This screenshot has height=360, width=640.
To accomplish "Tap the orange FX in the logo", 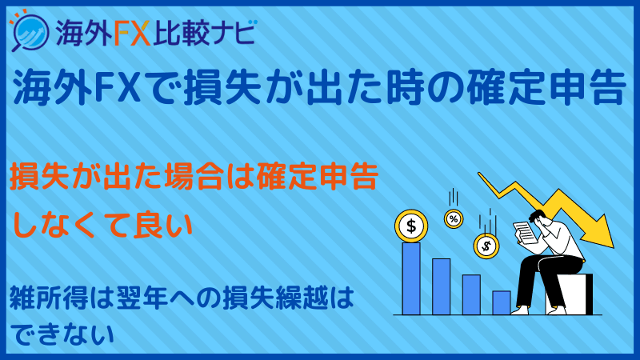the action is click(x=132, y=33).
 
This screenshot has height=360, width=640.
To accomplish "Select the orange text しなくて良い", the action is click(x=103, y=224).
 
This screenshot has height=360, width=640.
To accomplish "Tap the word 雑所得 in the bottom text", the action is click(x=49, y=298).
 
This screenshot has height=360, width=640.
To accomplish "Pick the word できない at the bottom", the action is click(x=63, y=334).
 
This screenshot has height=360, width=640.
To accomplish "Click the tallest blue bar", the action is click(x=411, y=278).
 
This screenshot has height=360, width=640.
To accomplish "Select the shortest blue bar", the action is click(x=502, y=302).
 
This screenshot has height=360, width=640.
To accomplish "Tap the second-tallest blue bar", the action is click(x=442, y=286).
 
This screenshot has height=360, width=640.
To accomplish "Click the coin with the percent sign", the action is click(x=454, y=218).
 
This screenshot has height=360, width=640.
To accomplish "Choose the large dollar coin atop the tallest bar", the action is click(x=411, y=226).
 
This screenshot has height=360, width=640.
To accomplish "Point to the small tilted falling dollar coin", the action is click(x=486, y=246).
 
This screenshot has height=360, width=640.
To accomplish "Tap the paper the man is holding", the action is click(x=524, y=233).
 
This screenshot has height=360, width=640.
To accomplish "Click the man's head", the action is click(x=538, y=218).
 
